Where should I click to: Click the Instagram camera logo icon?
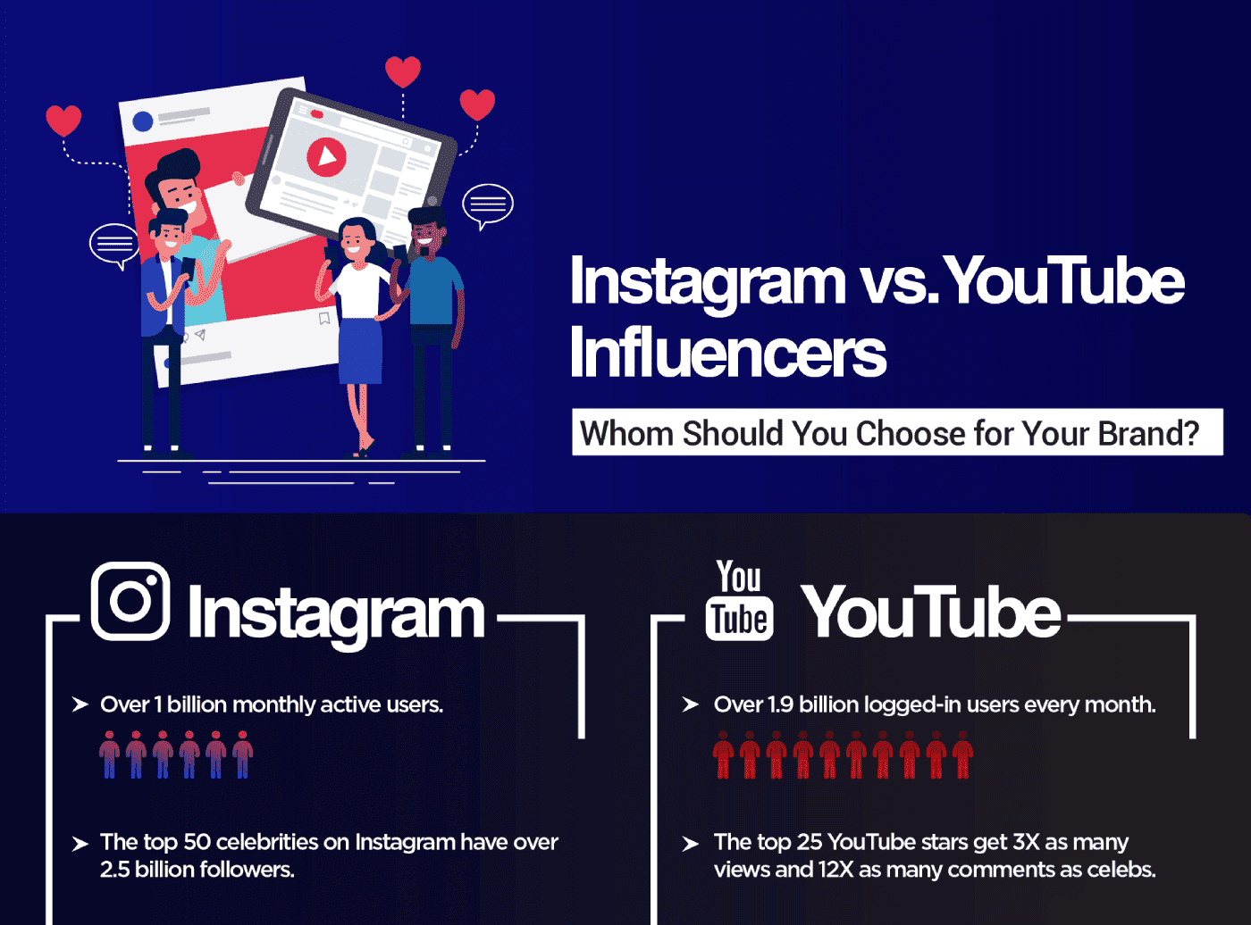(130, 601)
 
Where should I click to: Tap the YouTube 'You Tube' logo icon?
(739, 601)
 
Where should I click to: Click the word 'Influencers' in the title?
(727, 353)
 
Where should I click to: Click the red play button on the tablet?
(326, 157)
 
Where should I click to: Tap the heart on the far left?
(63, 120)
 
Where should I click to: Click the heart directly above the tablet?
(403, 71)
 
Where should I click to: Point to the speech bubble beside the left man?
(113, 243)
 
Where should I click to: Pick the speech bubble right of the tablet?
(487, 204)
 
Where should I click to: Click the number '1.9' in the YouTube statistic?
(780, 704)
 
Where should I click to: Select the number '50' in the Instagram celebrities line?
(197, 842)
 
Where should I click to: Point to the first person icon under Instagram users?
(109, 755)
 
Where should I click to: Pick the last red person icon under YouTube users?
(962, 755)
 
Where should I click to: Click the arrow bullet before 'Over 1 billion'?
(80, 704)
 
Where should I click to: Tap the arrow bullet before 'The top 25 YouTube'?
(690, 844)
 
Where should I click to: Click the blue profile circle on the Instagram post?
(142, 121)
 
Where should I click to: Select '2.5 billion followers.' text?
(197, 870)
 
